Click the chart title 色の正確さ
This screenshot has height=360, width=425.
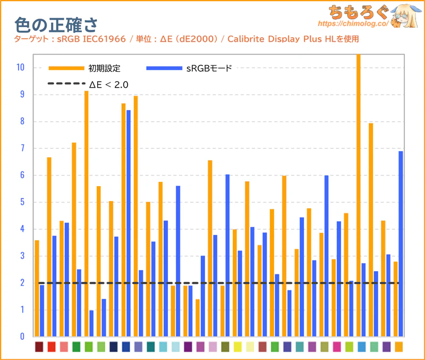pyautogui.click(x=55, y=24)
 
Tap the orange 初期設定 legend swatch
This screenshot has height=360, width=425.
pyautogui.click(x=66, y=68)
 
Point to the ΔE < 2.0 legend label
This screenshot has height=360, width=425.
pyautogui.click(x=108, y=84)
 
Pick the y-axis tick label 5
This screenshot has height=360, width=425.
pyautogui.click(x=22, y=202)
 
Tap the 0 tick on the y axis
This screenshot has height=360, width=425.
pyautogui.click(x=22, y=337)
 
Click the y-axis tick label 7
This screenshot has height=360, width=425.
pyautogui.click(x=22, y=148)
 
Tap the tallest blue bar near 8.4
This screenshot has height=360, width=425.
pyautogui.click(x=129, y=223)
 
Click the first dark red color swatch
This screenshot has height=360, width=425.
pyautogui.click(x=39, y=347)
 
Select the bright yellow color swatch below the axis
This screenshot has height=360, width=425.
pyautogui.click(x=237, y=347)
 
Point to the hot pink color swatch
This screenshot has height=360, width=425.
pyautogui.click(x=337, y=347)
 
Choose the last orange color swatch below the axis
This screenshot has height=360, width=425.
pyautogui.click(x=398, y=347)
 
